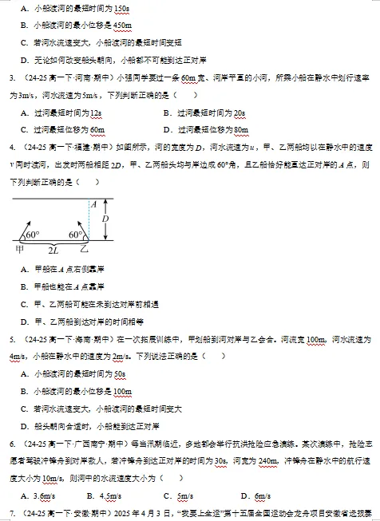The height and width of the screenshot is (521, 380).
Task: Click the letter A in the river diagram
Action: [x=93, y=203]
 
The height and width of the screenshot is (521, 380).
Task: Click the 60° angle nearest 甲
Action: [x=32, y=235]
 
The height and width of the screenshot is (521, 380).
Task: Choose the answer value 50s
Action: [x=120, y=374]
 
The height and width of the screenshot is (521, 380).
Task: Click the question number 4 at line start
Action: [x=12, y=148]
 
